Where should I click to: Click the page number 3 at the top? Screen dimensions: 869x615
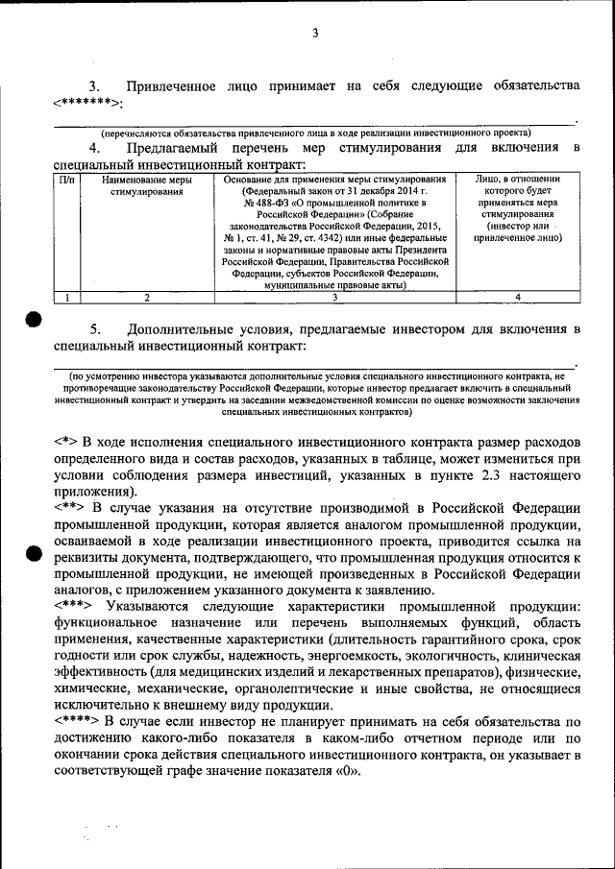[x=314, y=36]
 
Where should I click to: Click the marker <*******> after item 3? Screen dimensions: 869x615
[x=87, y=103]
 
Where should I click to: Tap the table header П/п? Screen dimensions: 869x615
[x=65, y=179]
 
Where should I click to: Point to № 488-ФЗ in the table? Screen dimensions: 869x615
[x=267, y=204]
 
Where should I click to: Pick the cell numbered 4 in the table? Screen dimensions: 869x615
[x=517, y=298]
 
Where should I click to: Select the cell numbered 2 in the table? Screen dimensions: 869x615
[x=146, y=298]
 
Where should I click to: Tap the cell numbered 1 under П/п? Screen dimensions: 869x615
[x=65, y=298]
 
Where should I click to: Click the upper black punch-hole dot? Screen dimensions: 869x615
[x=33, y=320]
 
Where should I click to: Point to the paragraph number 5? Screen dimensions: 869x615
[x=94, y=329]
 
